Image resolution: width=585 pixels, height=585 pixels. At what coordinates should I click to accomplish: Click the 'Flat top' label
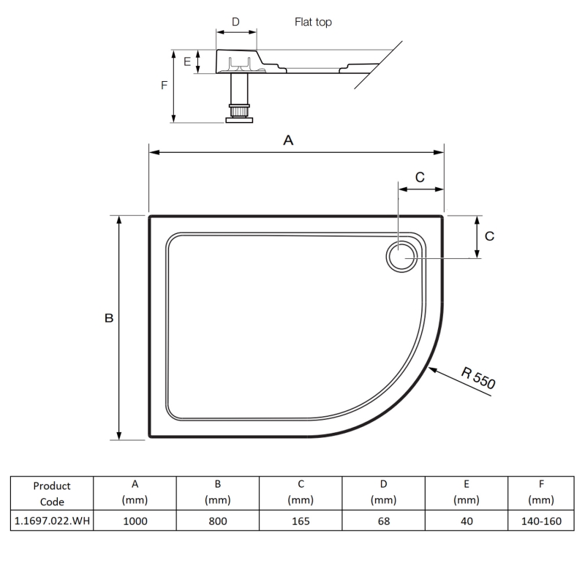pyautogui.click(x=313, y=22)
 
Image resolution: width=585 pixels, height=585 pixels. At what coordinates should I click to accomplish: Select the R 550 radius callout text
pyautogui.click(x=479, y=377)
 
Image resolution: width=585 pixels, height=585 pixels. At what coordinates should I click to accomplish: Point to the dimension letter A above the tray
pyautogui.click(x=288, y=141)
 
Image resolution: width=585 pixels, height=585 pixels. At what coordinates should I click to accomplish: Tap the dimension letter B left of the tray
pyautogui.click(x=108, y=318)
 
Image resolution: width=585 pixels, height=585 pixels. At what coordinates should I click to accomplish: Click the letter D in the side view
pyautogui.click(x=235, y=22)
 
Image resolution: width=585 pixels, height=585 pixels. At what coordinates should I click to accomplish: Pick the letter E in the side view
pyautogui.click(x=187, y=62)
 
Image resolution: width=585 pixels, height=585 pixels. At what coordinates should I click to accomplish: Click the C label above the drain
pyautogui.click(x=420, y=176)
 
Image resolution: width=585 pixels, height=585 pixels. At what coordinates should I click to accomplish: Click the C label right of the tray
pyautogui.click(x=490, y=236)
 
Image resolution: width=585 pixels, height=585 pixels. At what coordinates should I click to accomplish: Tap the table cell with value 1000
pyautogui.click(x=135, y=521)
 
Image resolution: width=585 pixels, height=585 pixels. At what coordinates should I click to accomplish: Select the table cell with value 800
pyautogui.click(x=217, y=521)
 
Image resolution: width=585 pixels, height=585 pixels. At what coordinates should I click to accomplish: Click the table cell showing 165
pyautogui.click(x=300, y=521)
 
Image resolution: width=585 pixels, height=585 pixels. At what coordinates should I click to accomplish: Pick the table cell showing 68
pyautogui.click(x=383, y=521)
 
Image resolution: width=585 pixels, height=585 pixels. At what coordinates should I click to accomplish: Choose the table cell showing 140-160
pyautogui.click(x=540, y=521)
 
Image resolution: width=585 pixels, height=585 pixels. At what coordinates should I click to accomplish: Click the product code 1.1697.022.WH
pyautogui.click(x=52, y=521)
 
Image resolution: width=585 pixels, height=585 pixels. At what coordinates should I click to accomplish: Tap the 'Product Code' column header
pyautogui.click(x=52, y=494)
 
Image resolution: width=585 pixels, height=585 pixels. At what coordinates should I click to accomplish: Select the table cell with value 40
pyautogui.click(x=466, y=521)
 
